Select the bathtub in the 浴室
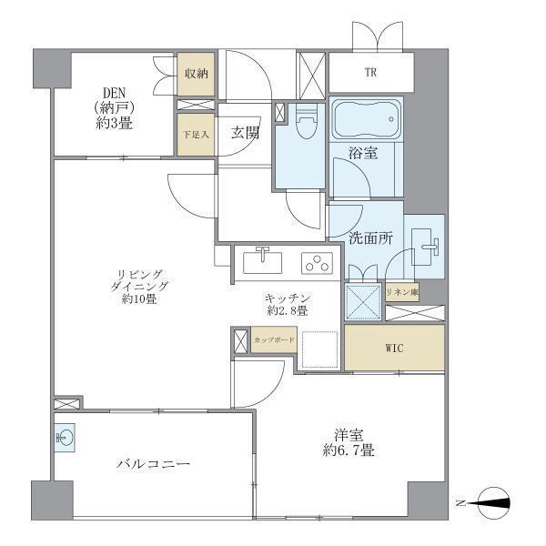pyautogui.click(x=366, y=119)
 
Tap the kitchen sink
pyautogui.click(x=262, y=261)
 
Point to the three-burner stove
pyautogui.click(x=317, y=263)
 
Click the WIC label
pyautogui.click(x=394, y=348)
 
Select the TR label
pyautogui.click(x=370, y=73)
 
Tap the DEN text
pyautogui.click(x=114, y=93)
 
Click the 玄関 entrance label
pyautogui.click(x=245, y=133)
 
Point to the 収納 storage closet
pyautogui.click(x=196, y=74)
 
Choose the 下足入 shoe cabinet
pyautogui.click(x=196, y=135)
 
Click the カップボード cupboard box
pyautogui.click(x=274, y=339)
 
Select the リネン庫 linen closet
pyautogui.click(x=402, y=292)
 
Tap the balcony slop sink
pyautogui.click(x=65, y=438)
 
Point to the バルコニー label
pyautogui.click(x=153, y=464)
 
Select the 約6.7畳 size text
pyautogui.click(x=349, y=450)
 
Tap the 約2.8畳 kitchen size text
pyautogui.click(x=288, y=310)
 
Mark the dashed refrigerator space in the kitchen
pyautogui.click(x=320, y=349)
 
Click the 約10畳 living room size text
pyautogui.click(x=138, y=298)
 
